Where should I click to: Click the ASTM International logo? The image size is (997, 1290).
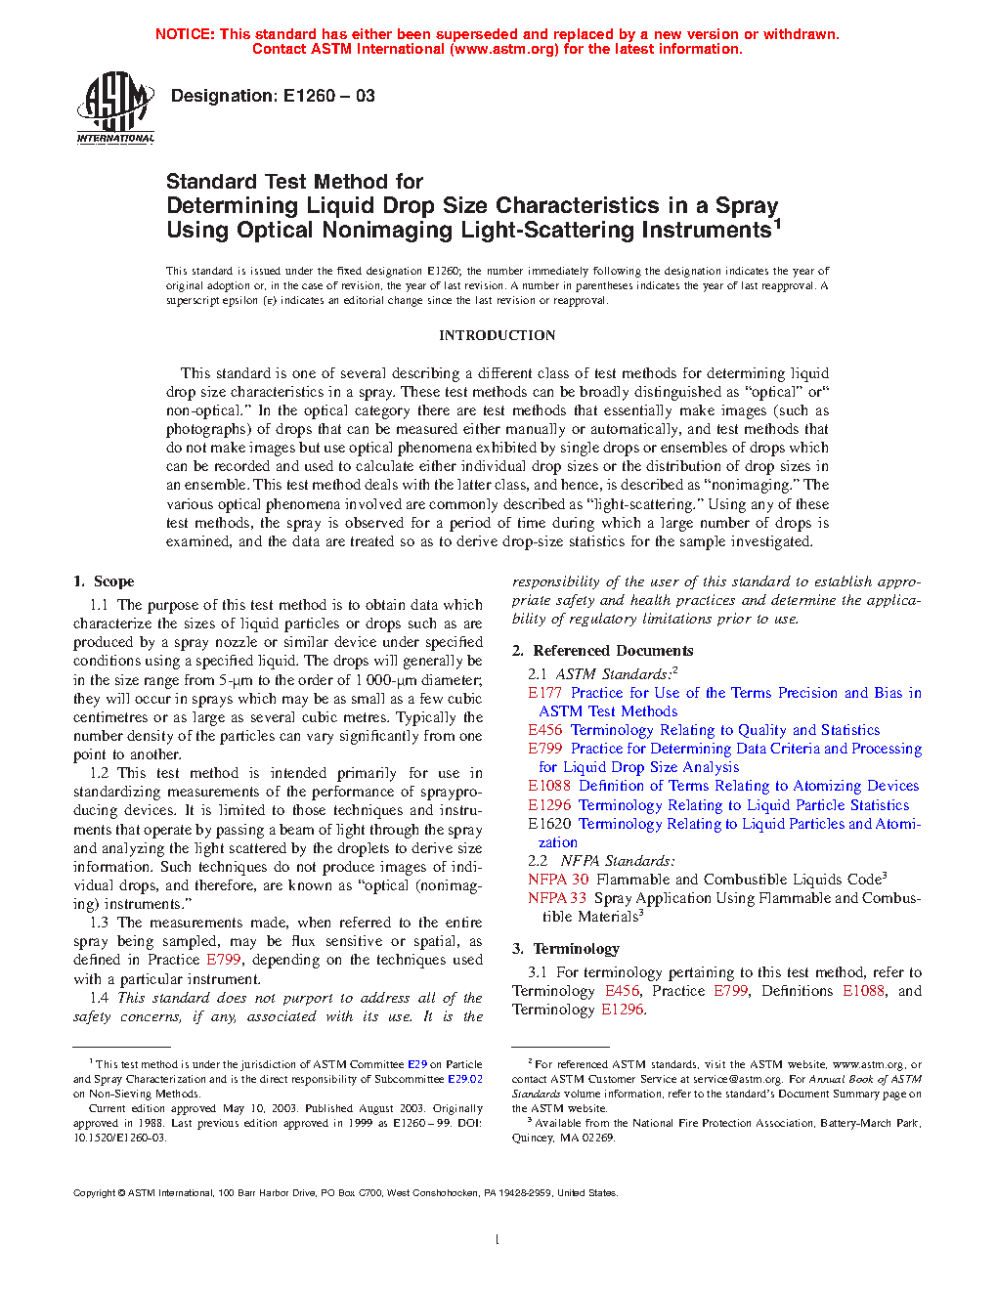click(115, 107)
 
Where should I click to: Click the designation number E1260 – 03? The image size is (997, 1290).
click(328, 96)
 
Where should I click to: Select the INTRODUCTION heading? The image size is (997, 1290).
click(497, 335)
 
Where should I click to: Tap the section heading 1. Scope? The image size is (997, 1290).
click(104, 581)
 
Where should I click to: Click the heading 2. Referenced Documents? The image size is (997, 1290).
click(603, 651)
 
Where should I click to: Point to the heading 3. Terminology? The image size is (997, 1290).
click(566, 949)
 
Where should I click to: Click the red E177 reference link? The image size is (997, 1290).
click(545, 693)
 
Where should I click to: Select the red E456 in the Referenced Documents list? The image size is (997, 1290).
click(545, 730)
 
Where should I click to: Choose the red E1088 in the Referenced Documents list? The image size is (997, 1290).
click(549, 786)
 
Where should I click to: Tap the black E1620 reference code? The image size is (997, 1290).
click(549, 824)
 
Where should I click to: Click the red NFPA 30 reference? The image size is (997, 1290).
click(558, 880)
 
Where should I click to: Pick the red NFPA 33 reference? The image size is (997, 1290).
click(557, 898)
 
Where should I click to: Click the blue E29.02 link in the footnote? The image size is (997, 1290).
click(465, 1079)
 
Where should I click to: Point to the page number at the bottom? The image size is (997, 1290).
click(498, 1240)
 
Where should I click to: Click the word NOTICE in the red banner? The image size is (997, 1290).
click(185, 34)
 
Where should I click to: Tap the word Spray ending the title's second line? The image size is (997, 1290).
click(747, 205)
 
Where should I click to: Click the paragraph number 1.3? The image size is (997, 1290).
click(99, 923)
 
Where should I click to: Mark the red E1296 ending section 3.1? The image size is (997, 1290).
click(623, 1010)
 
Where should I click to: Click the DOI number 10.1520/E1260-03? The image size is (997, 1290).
click(119, 1138)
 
